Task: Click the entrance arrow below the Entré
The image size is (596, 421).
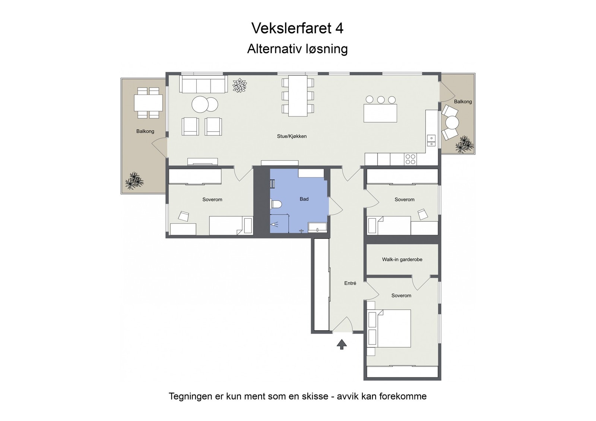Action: click(x=342, y=344)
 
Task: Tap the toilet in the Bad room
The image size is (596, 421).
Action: click(x=276, y=204)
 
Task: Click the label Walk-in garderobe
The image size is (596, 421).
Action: click(x=402, y=260)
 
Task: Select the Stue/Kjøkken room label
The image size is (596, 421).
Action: click(x=292, y=136)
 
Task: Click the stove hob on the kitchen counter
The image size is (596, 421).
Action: click(x=410, y=159)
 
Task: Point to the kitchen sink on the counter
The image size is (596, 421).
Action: click(x=431, y=141)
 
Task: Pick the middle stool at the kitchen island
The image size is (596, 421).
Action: click(x=381, y=100)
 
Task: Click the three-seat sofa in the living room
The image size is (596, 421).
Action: click(x=203, y=84)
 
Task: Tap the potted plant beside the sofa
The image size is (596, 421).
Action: click(x=240, y=86)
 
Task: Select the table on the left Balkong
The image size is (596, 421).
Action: click(x=148, y=103)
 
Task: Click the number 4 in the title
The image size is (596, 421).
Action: click(x=339, y=28)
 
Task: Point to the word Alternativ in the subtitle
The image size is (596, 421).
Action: click(x=274, y=49)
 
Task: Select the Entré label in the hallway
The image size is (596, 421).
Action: click(x=350, y=283)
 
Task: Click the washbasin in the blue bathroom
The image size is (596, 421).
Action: click(x=317, y=227)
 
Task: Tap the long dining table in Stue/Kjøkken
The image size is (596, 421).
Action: click(x=298, y=96)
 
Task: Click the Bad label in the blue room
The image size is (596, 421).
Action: click(x=304, y=199)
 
